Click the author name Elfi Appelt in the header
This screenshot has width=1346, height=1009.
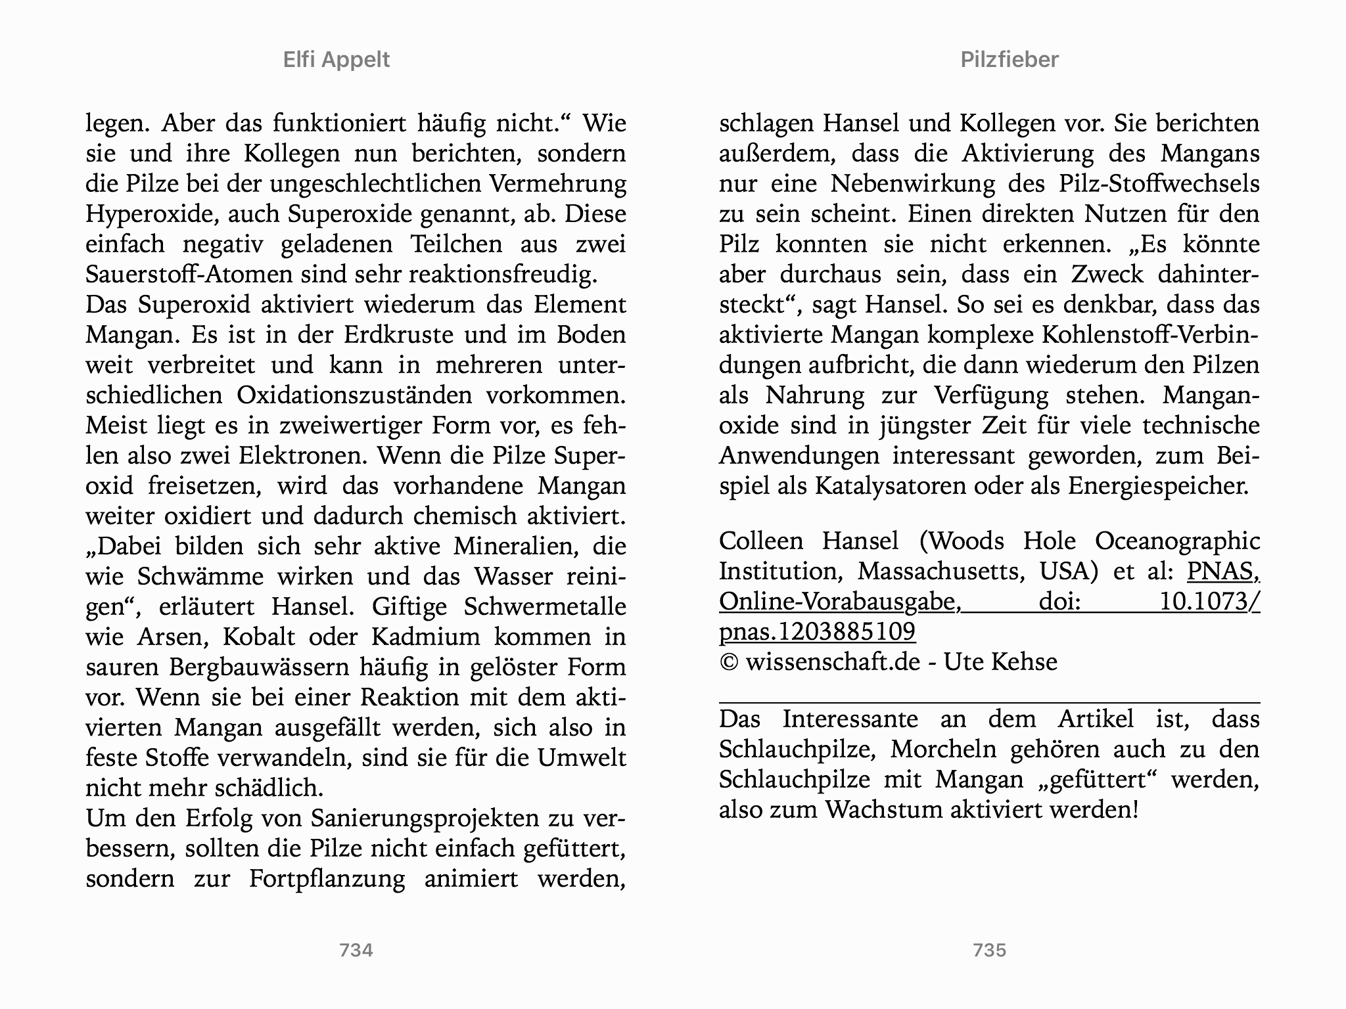pyautogui.click(x=336, y=60)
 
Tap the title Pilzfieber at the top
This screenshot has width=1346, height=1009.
pyautogui.click(x=1009, y=60)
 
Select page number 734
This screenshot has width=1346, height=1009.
pyautogui.click(x=356, y=950)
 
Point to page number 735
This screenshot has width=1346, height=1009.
pyautogui.click(x=989, y=950)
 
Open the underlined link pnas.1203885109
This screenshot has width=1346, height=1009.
pyautogui.click(x=817, y=632)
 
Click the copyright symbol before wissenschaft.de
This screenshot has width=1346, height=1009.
pyautogui.click(x=729, y=662)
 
